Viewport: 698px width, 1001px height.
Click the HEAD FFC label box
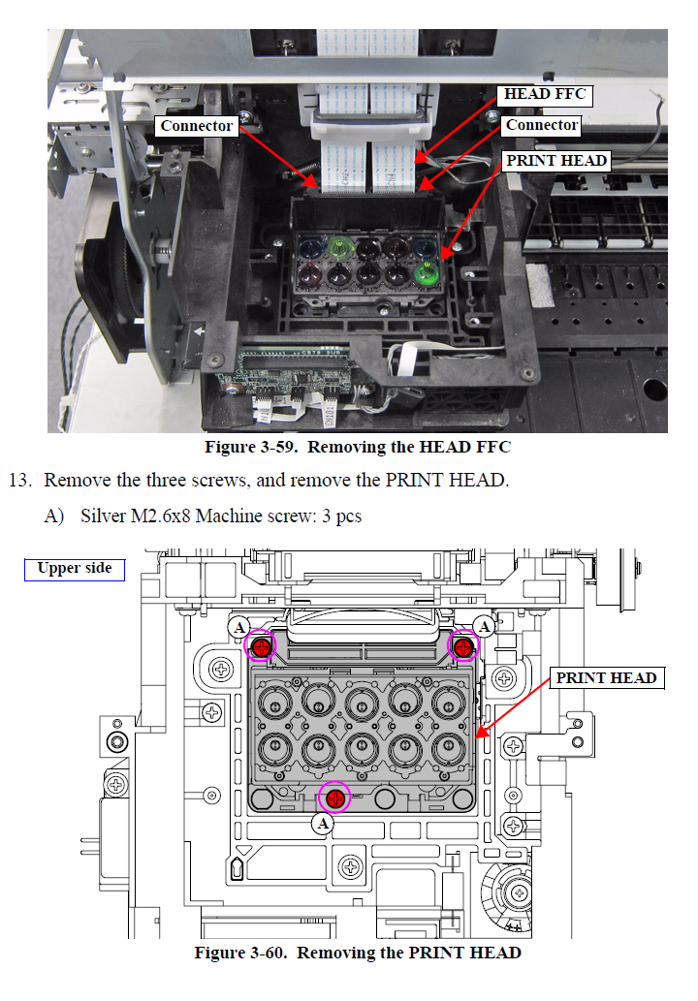547,94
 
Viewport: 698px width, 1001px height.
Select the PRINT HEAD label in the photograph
556,161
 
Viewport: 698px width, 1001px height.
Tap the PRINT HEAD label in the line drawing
606,678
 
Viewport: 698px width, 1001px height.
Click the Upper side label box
75,569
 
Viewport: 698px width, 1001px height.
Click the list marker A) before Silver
56,516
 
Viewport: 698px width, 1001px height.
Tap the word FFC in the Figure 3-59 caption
491,448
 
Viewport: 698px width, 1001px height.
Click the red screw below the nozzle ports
334,798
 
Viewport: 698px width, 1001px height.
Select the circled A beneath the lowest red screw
324,824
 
